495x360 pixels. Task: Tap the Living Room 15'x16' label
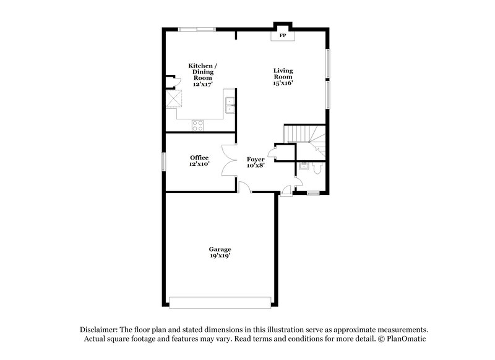(x=283, y=76)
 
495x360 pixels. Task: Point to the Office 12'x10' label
(x=199, y=161)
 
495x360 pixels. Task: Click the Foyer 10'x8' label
(x=256, y=162)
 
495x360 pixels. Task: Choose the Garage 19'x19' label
(x=220, y=252)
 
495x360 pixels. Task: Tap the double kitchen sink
(x=230, y=106)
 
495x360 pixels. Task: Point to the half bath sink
(x=303, y=165)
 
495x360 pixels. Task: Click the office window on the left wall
(x=164, y=161)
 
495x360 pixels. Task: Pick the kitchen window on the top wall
(x=197, y=28)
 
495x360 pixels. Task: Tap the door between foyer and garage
(x=244, y=186)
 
